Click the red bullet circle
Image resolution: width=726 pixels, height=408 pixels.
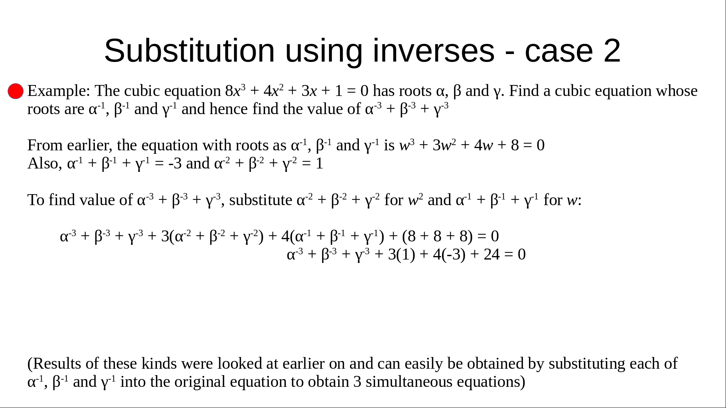[x=16, y=91]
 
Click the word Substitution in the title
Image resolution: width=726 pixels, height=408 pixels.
[x=189, y=51]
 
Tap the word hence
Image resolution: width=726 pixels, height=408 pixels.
[x=228, y=109]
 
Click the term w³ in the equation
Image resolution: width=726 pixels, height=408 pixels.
[x=407, y=145]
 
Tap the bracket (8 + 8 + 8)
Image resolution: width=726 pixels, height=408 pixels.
[x=437, y=236]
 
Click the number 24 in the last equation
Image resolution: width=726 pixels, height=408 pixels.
[x=492, y=255]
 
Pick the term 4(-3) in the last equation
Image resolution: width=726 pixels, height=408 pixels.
[x=449, y=255]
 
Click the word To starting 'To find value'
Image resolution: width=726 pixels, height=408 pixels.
[x=36, y=200]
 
